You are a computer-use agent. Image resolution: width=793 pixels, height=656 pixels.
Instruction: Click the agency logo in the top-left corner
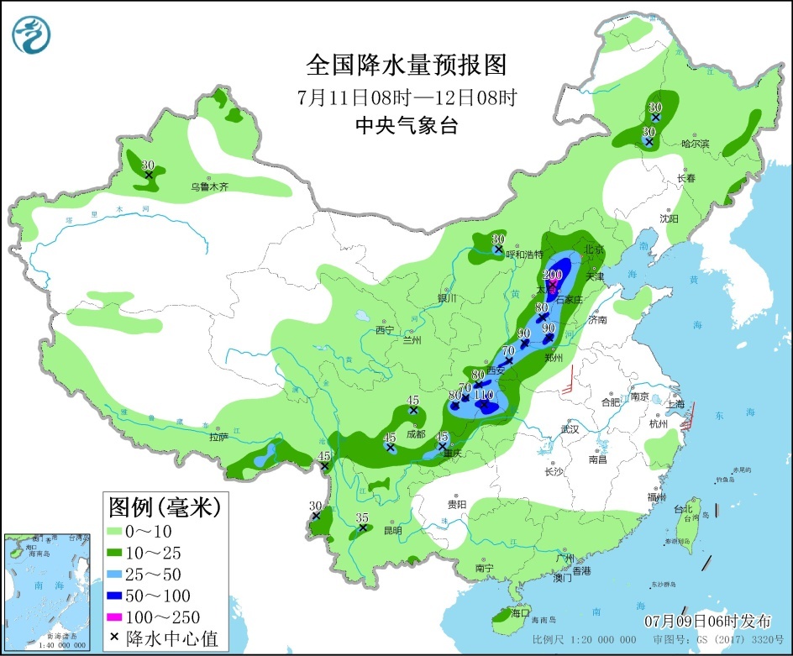pyautogui.click(x=32, y=34)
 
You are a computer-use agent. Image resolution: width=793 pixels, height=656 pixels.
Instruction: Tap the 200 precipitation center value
pyautogui.click(x=553, y=275)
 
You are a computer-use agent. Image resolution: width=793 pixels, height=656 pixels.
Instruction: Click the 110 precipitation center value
pyautogui.click(x=483, y=394)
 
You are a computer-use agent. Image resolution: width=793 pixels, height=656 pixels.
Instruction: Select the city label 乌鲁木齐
pyautogui.click(x=209, y=186)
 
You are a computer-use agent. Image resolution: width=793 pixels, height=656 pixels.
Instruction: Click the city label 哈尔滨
pyautogui.click(x=695, y=144)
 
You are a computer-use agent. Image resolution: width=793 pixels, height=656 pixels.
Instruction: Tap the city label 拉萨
pyautogui.click(x=218, y=437)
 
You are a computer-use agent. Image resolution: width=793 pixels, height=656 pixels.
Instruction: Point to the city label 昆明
pyautogui.click(x=392, y=530)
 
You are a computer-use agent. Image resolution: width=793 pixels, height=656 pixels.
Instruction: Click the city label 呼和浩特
pyautogui.click(x=528, y=254)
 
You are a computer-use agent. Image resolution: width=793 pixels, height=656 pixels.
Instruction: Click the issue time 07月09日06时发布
pyautogui.click(x=707, y=622)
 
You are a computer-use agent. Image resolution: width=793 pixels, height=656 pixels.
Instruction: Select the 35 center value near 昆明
pyautogui.click(x=362, y=517)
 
